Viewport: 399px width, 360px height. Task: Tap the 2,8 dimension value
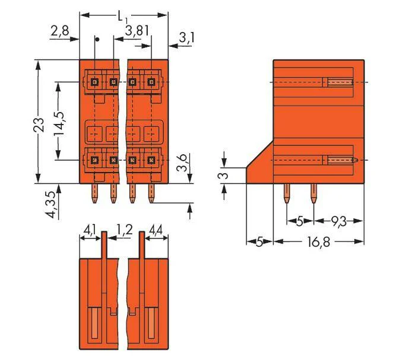point(59,31)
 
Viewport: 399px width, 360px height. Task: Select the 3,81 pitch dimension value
point(137,31)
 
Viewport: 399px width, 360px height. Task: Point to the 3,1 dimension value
point(187,38)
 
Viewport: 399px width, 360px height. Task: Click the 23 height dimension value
point(39,125)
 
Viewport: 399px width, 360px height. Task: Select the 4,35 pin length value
point(51,205)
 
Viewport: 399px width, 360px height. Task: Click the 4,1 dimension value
point(90,231)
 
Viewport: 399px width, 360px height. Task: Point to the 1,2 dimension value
point(125,230)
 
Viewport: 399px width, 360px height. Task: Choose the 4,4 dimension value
point(156,230)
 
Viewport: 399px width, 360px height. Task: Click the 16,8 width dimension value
point(318,242)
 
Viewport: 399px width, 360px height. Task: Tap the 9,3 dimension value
point(338,222)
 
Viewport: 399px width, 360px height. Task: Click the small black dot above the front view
point(96,39)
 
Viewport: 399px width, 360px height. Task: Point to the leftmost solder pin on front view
point(94,193)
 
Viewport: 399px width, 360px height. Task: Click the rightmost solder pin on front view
point(151,193)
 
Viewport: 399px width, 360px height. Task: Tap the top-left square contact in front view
point(94,82)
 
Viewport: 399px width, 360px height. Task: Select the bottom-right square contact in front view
point(151,160)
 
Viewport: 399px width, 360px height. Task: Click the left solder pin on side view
point(287,193)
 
